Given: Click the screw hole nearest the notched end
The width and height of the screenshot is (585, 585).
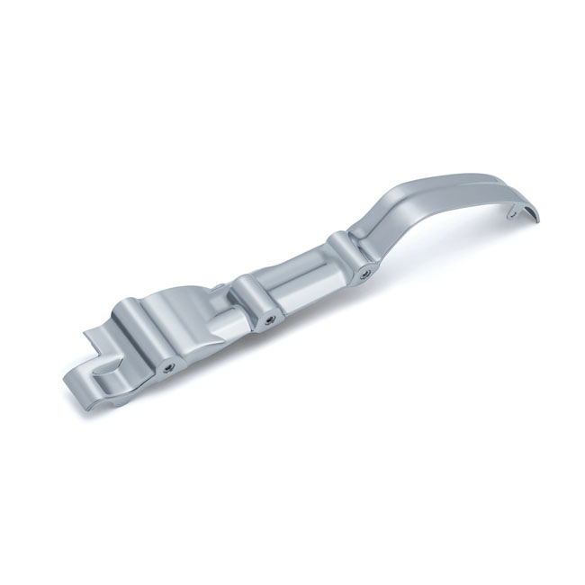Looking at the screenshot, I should (167, 367).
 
